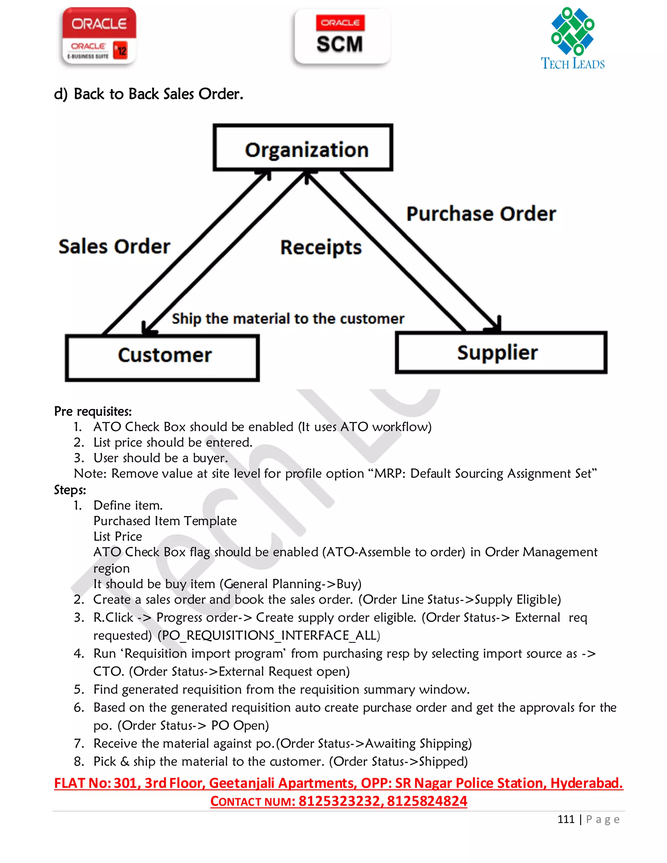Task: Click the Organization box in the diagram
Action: tap(303, 148)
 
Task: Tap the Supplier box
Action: tap(501, 352)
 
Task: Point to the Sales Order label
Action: tap(114, 247)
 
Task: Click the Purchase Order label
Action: tap(481, 214)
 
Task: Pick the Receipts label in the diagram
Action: tap(320, 248)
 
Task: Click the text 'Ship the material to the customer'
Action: tap(288, 318)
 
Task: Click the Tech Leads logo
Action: tap(573, 39)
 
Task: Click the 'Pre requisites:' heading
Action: tap(93, 411)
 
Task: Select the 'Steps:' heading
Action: tap(70, 490)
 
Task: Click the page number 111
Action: tap(565, 819)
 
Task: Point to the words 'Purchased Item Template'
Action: tap(165, 521)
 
